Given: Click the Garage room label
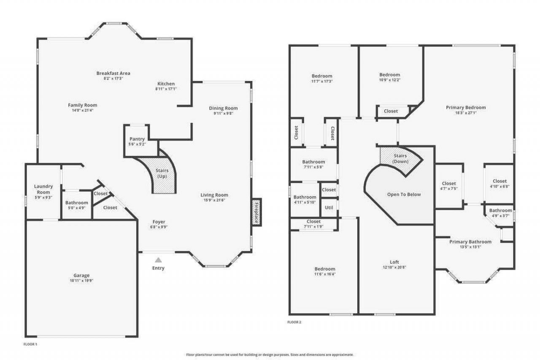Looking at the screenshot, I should [x=82, y=276].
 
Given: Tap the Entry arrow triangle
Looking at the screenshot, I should [x=158, y=260].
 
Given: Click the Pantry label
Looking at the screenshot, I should [x=137, y=139].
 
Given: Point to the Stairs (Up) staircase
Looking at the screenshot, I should [x=162, y=175].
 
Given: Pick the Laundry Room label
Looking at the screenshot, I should [x=43, y=189].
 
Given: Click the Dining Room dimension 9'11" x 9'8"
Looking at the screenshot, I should [x=223, y=114].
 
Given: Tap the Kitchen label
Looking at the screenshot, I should [x=166, y=84].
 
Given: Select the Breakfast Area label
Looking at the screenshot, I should [x=113, y=73].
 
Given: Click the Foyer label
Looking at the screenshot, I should [x=159, y=222].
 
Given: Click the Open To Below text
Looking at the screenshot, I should [x=404, y=195].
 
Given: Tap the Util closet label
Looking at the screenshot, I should [x=329, y=207].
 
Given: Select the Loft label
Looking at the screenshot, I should [x=394, y=262].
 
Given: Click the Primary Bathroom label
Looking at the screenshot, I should [x=470, y=242].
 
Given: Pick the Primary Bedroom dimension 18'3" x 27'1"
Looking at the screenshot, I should [x=466, y=113].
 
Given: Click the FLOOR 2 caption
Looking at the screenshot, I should [x=294, y=322].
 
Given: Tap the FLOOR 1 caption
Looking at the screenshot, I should [x=30, y=344].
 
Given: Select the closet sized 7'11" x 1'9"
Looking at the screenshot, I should [x=313, y=224].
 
